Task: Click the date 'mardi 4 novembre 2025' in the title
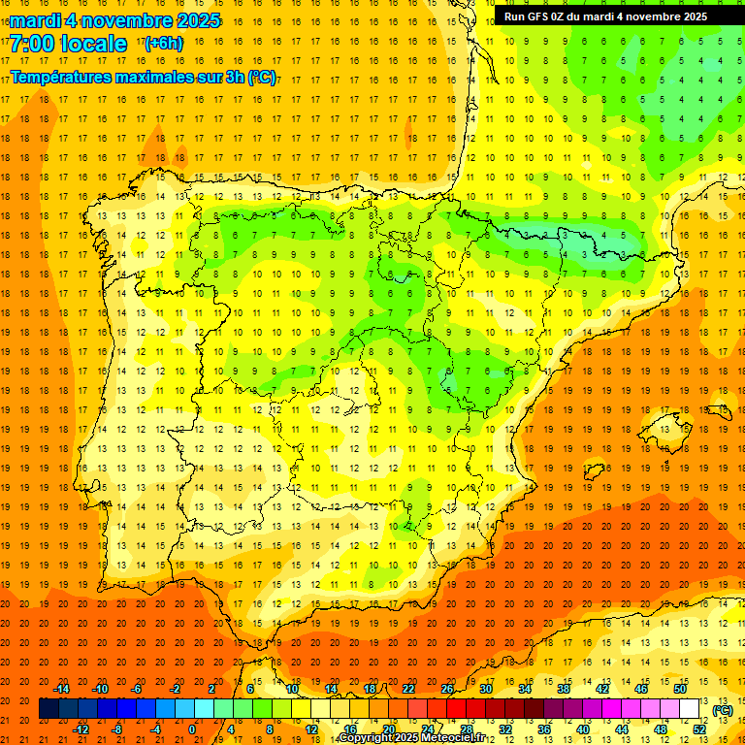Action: [x=114, y=20]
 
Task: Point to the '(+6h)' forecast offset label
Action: [x=162, y=44]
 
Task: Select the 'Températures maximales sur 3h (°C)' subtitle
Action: [x=143, y=76]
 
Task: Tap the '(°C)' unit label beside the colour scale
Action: [x=722, y=710]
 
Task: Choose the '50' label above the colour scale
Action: [x=680, y=689]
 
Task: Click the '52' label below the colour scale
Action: [x=699, y=729]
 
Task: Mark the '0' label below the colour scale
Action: [x=192, y=729]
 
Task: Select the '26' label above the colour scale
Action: [x=447, y=689]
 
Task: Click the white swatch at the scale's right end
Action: [x=690, y=709]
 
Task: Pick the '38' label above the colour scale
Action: [x=564, y=689]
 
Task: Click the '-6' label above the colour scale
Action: [x=137, y=689]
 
